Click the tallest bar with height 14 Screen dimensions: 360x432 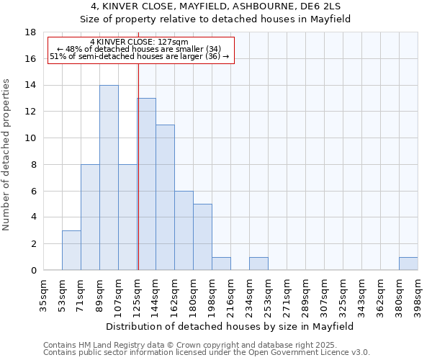pos(109,178)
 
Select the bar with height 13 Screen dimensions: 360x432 pos(146,184)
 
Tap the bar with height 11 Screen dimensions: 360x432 pos(165,197)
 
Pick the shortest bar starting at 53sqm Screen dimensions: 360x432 pos(71,250)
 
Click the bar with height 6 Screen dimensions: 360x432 pos(184,230)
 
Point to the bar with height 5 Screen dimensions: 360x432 pos(202,237)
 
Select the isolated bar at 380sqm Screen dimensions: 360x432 pos(408,264)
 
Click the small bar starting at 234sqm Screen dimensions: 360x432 pos(258,264)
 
